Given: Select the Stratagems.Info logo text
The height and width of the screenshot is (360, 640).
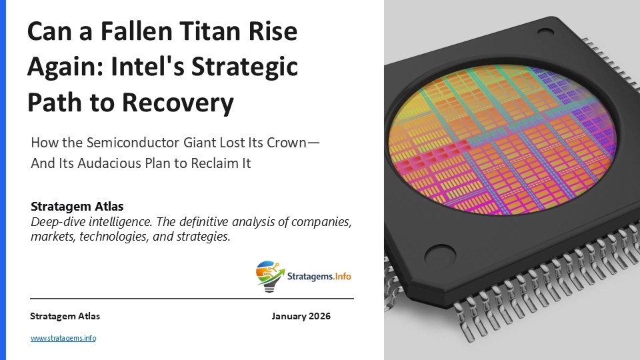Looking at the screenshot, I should click(x=318, y=275).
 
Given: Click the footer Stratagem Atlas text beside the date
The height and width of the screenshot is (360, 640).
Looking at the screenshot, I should click(x=65, y=316).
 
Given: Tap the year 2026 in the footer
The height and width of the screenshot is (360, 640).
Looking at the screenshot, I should click(x=319, y=316).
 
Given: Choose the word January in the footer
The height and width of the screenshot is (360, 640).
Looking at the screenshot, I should click(x=289, y=316).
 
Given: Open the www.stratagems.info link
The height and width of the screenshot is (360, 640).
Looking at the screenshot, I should click(x=63, y=338).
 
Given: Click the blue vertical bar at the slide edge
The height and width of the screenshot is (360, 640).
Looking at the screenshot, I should click(x=2, y=180).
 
